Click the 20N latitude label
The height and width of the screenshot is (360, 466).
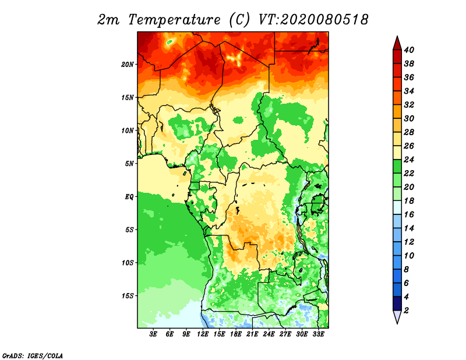point(128,65)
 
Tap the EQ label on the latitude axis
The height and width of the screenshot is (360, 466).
point(129,197)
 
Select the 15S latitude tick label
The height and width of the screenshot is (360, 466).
point(128,296)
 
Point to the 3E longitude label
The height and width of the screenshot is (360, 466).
point(153,334)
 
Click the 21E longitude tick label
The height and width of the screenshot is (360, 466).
point(252,334)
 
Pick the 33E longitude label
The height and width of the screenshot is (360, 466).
point(318,334)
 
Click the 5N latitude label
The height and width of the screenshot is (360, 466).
point(129,164)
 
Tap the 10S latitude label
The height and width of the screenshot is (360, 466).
point(128,263)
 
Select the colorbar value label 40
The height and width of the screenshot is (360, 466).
point(409,50)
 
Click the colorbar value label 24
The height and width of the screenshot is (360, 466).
point(409,160)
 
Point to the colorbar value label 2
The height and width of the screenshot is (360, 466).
point(406,310)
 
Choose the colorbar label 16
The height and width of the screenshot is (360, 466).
point(409,214)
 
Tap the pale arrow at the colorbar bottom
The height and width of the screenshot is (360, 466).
point(397,316)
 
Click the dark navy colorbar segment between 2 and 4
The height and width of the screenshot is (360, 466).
point(397,303)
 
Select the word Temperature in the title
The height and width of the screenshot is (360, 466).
point(174,20)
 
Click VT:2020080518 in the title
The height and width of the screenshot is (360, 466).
point(313,20)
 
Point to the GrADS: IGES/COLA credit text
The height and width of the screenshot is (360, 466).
point(33,356)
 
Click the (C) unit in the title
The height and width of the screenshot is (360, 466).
point(239,20)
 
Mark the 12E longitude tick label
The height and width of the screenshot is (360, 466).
point(202,334)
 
